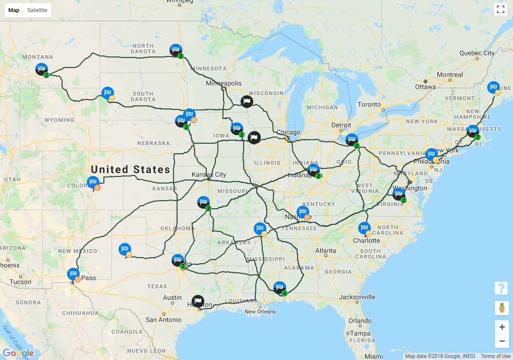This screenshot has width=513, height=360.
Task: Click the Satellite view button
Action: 37,10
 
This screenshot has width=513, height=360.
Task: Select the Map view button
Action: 14,10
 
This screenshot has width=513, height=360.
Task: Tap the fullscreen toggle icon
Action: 500,9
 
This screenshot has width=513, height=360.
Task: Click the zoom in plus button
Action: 501,327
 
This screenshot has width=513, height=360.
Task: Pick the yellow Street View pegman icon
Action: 501,307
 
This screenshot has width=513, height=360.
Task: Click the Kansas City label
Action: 209,174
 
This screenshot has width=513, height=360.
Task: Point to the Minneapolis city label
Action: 223,83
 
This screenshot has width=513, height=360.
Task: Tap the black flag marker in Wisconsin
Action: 246,101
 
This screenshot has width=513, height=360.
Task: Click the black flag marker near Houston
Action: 198,302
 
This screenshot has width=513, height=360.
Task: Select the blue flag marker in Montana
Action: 41,69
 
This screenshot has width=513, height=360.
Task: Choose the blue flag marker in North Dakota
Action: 175,50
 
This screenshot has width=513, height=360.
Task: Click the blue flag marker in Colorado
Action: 92,182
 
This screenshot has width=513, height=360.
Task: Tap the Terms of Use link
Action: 495,356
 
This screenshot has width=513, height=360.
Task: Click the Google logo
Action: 18,353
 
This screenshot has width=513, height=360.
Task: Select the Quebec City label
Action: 477,53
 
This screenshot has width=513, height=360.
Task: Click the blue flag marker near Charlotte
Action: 364,228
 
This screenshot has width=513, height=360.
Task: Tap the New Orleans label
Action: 260,312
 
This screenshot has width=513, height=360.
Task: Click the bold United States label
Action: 130,169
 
